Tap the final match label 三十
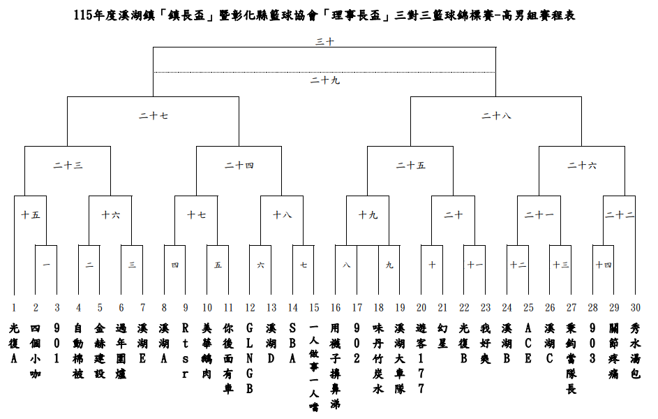click(x=324, y=42)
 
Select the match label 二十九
click(x=324, y=80)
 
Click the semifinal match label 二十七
click(x=154, y=115)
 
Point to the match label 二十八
click(x=496, y=115)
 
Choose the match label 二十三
click(x=68, y=166)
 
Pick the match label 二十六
click(x=582, y=166)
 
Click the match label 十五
click(x=30, y=215)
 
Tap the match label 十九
click(x=368, y=215)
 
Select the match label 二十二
click(x=620, y=215)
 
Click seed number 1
click(x=14, y=307)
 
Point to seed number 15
click(x=314, y=307)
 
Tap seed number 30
click(x=635, y=307)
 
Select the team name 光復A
click(x=14, y=342)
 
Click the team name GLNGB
click(x=250, y=358)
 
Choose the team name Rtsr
click(x=186, y=350)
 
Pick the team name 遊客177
click(x=421, y=358)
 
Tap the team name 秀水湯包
click(x=635, y=350)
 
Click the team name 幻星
click(x=442, y=335)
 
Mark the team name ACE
click(x=528, y=342)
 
